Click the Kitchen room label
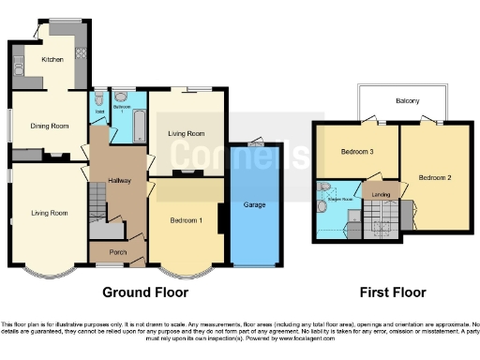(x=52, y=59)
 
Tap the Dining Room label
(x=49, y=126)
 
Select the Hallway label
(x=119, y=181)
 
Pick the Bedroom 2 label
(x=435, y=178)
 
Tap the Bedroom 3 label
(x=357, y=151)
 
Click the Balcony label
(x=407, y=100)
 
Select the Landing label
(x=381, y=195)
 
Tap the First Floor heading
(x=387, y=292)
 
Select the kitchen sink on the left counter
(x=19, y=65)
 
